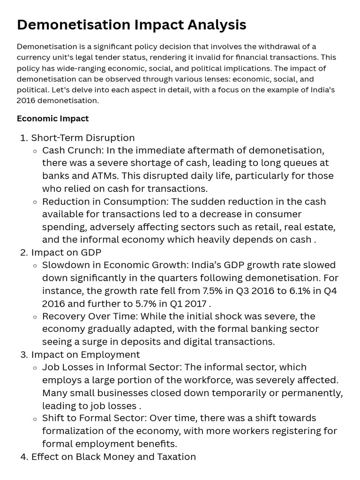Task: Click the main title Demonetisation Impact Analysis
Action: [131, 25]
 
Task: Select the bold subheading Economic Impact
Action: [52, 119]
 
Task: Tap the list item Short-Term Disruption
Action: [82, 138]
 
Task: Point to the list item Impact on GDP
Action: [66, 253]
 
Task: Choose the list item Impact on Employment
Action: [85, 354]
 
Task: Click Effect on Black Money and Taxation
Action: [113, 457]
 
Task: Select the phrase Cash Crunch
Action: [72, 150]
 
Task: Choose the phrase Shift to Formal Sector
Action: [91, 418]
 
